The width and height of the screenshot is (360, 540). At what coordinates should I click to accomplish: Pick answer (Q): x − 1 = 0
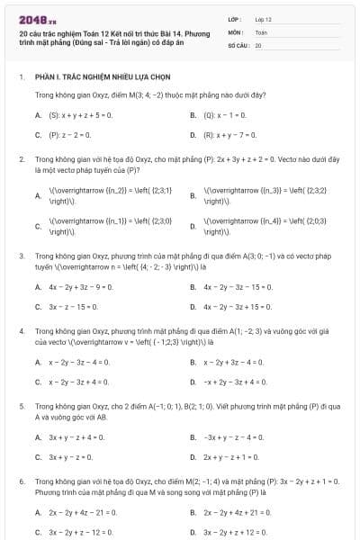(228, 115)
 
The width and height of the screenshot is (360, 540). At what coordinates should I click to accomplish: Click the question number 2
(21, 158)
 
